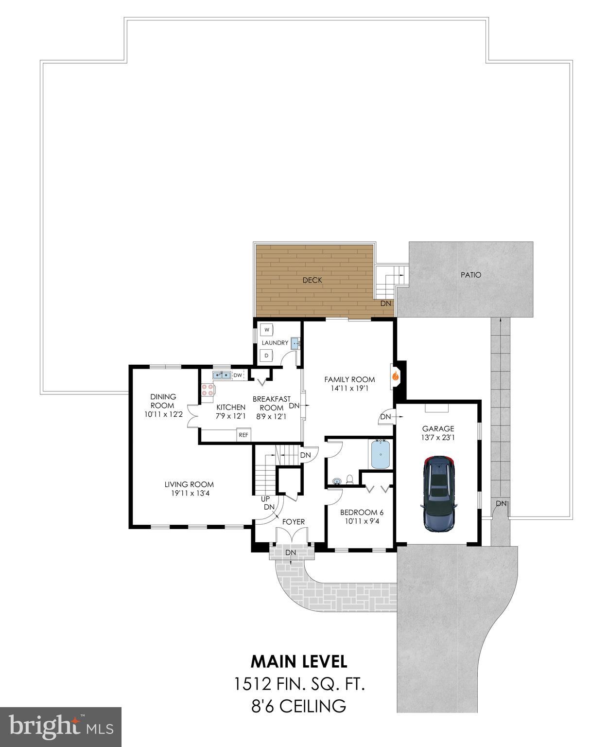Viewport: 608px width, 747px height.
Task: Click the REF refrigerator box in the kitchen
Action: (x=243, y=435)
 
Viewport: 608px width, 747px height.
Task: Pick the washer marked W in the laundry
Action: (x=267, y=330)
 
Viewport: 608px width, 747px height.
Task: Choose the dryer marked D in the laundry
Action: (x=266, y=356)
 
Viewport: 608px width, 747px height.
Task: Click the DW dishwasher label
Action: (x=238, y=375)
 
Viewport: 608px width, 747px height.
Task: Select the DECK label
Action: (x=312, y=280)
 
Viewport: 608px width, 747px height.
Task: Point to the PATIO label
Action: (x=471, y=275)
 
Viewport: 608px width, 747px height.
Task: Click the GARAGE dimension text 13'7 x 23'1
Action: (x=438, y=437)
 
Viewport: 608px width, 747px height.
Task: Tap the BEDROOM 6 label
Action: (x=362, y=512)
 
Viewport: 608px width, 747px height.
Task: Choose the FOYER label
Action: (x=294, y=522)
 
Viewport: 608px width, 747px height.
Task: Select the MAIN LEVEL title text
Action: (x=299, y=661)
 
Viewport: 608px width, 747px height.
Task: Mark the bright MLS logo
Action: (x=61, y=727)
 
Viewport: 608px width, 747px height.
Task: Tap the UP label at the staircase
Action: (x=265, y=499)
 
